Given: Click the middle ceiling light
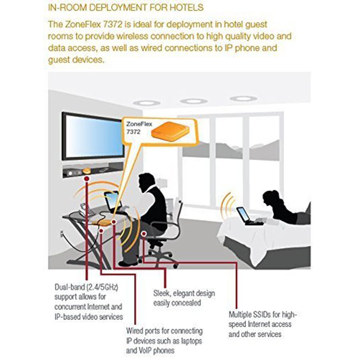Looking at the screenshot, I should point(194,101).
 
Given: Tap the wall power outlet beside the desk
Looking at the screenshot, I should point(61,234).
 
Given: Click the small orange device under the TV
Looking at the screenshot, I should point(86,171).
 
